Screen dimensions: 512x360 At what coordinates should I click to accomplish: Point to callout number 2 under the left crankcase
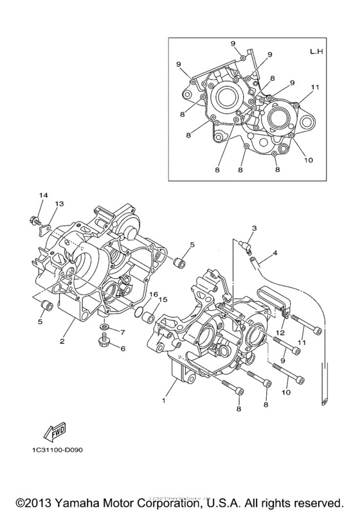point(62,341)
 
